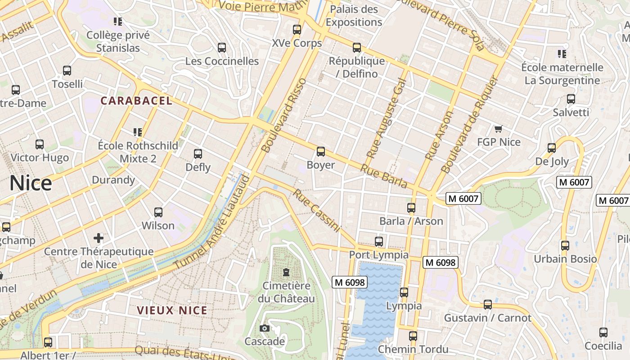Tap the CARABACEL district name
[136, 101]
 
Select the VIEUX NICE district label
[172, 310]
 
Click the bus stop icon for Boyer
[321, 152]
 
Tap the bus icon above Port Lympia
[379, 242]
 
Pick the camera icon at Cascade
[265, 328]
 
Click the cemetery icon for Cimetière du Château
[286, 272]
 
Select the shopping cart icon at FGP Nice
[498, 129]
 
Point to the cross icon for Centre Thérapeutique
[99, 238]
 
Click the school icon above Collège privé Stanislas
[118, 21]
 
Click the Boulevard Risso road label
[284, 115]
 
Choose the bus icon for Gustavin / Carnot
[488, 305]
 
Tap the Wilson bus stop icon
[158, 212]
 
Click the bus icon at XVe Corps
[297, 30]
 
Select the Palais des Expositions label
[354, 16]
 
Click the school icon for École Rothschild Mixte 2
[138, 132]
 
